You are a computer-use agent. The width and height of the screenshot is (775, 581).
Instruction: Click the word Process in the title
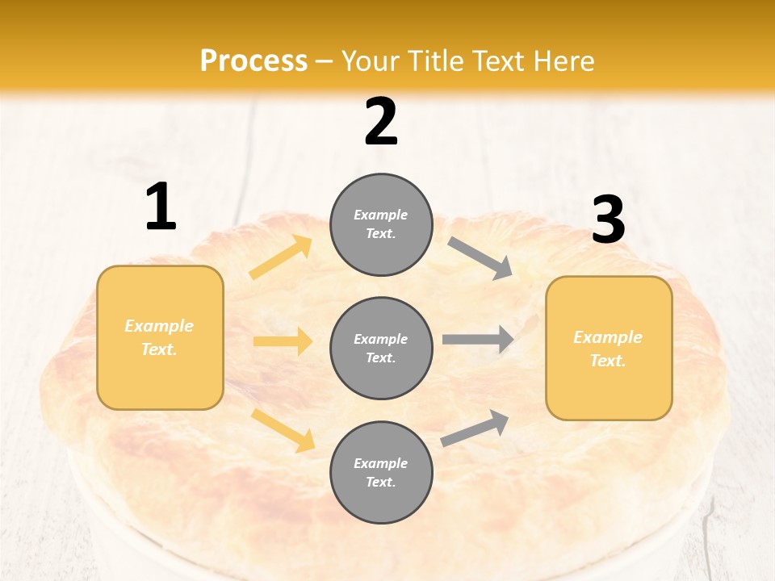tap(253, 61)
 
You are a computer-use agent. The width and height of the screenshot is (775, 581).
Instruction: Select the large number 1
tap(161, 207)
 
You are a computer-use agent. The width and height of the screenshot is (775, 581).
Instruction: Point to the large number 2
tap(381, 122)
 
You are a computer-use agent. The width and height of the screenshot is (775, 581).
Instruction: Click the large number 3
tap(609, 220)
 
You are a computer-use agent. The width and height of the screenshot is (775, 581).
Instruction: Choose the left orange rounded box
tap(160, 337)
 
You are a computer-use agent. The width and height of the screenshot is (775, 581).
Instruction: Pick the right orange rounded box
tap(609, 349)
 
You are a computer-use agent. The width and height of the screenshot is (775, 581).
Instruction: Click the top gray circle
tap(381, 224)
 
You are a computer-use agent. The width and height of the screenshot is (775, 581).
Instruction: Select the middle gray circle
tap(381, 349)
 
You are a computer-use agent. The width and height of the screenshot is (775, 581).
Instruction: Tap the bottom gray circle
tap(381, 473)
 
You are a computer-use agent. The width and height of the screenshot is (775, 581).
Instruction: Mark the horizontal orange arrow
tap(283, 341)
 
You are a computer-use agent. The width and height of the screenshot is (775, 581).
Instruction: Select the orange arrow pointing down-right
tap(283, 430)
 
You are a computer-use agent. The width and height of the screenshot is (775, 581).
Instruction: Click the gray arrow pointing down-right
tap(480, 258)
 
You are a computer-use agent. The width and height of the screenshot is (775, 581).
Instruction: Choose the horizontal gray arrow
tap(478, 339)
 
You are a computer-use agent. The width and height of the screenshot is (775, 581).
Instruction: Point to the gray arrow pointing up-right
tap(475, 428)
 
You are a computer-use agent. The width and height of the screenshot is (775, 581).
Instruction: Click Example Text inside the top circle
tap(381, 224)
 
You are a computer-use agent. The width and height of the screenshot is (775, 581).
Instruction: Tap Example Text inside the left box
tap(160, 337)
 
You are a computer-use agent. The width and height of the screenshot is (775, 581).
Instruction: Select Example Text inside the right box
tap(609, 349)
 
